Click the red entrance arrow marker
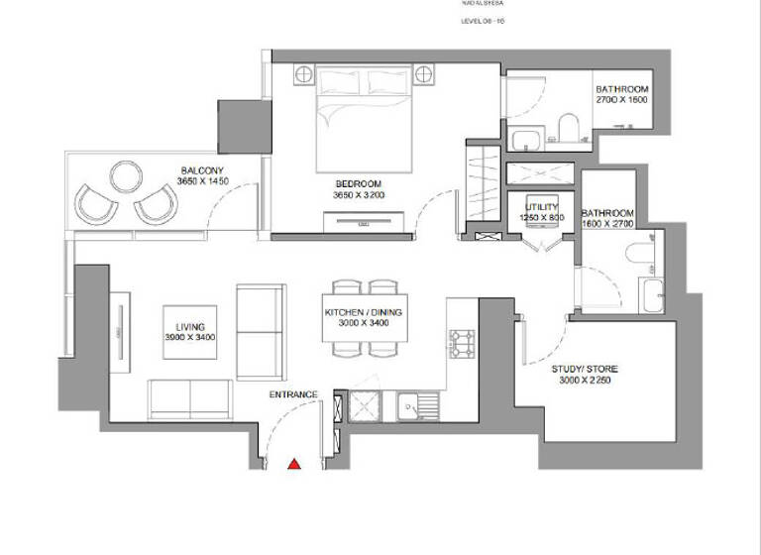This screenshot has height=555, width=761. (x=294, y=463)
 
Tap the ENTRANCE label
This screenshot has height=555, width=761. (x=293, y=394)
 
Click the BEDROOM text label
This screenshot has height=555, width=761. (x=357, y=184)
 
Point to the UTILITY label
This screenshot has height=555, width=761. (x=543, y=206)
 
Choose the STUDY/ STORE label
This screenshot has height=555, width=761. (x=585, y=370)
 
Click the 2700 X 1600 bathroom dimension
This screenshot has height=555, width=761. (x=621, y=100)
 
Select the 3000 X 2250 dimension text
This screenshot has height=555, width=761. (x=585, y=382)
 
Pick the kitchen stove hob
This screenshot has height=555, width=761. (x=462, y=343)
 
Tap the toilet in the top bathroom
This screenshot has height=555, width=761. (x=568, y=127)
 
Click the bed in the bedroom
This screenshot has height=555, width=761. (x=363, y=119)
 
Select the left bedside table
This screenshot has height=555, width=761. (x=302, y=74)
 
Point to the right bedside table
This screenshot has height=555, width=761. (x=424, y=74)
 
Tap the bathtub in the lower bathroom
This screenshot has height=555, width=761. (x=652, y=295)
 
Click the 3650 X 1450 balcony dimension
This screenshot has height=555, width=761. (x=202, y=181)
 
